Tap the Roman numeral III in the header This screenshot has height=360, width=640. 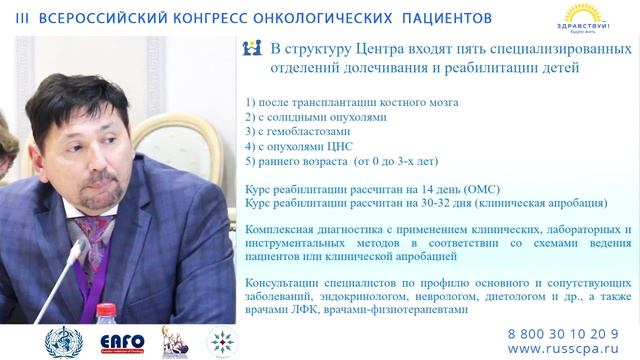19,18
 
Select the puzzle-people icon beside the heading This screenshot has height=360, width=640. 253,48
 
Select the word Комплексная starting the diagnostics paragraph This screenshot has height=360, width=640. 284,230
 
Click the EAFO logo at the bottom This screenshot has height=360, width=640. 120,343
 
